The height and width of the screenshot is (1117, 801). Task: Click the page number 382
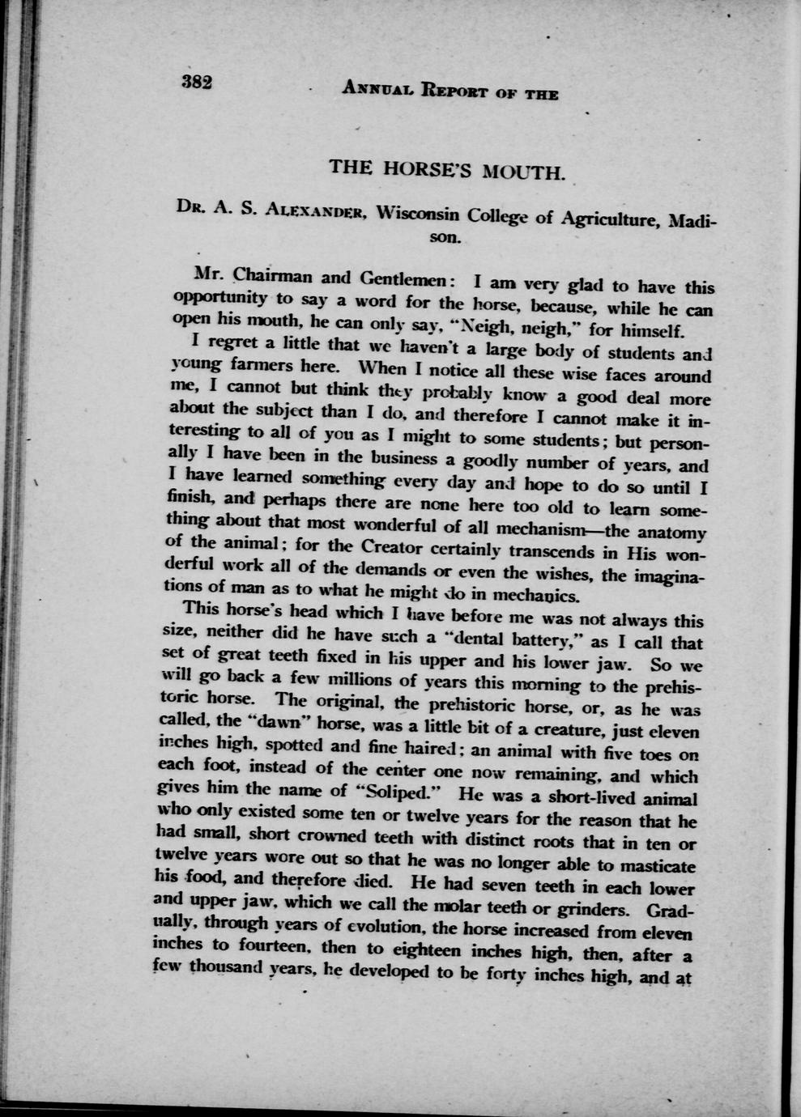[197, 82]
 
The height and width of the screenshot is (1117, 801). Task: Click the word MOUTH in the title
[522, 172]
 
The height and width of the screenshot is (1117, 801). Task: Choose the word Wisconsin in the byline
[419, 214]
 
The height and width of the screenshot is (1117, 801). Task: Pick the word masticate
[650, 867]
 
